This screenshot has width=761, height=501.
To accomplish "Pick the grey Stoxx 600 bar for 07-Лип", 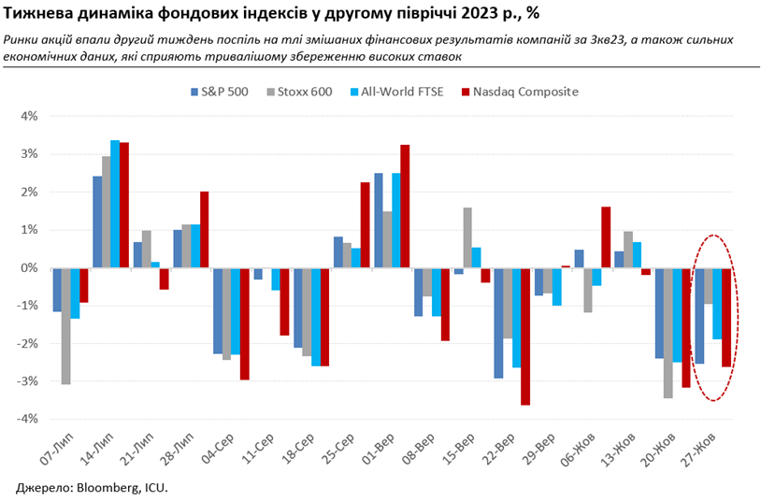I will pyautogui.click(x=66, y=325).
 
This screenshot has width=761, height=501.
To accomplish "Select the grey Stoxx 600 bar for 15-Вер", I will pyautogui.click(x=467, y=237).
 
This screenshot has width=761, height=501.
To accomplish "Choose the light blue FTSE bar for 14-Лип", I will pyautogui.click(x=115, y=204).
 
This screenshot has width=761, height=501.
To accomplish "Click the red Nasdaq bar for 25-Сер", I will pyautogui.click(x=365, y=225).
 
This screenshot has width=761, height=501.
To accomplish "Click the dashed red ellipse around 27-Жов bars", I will pyautogui.click(x=739, y=318).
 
